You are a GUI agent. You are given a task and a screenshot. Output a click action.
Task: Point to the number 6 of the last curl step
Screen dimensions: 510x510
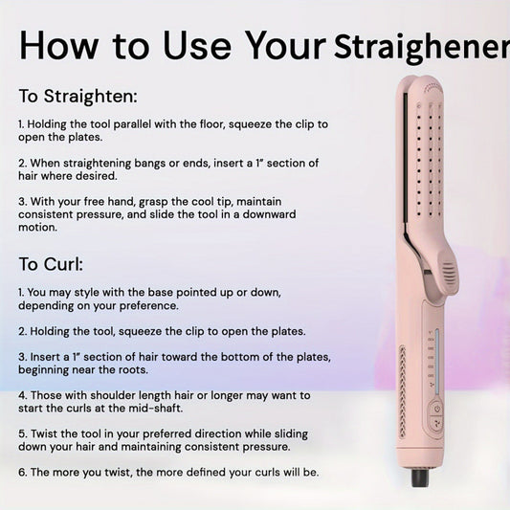(22, 472)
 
